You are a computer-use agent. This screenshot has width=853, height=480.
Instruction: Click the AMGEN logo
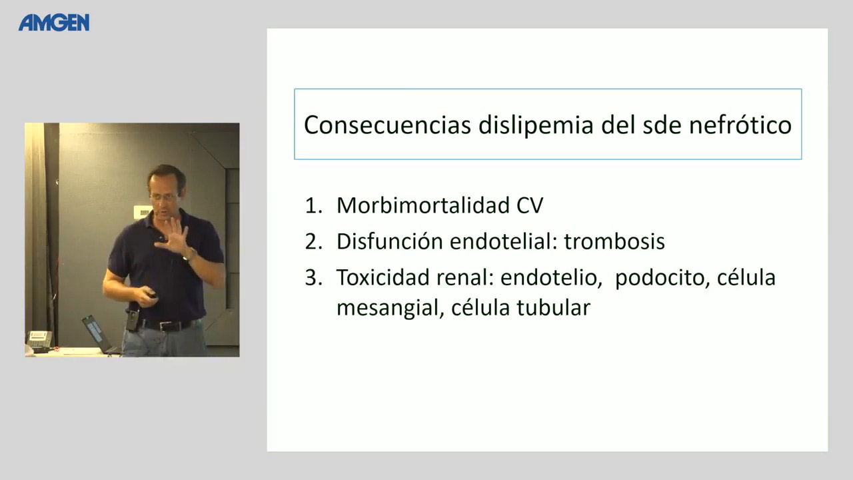54,23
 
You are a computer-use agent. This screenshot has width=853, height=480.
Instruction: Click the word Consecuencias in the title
387,125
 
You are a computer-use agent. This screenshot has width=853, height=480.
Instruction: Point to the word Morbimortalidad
423,205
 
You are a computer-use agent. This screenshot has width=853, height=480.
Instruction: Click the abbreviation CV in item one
530,206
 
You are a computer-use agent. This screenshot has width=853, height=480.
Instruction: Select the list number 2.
314,241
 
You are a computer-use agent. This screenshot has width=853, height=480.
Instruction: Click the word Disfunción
389,241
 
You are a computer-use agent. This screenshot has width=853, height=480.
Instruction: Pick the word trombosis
614,241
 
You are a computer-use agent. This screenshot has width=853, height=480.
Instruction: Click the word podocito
662,279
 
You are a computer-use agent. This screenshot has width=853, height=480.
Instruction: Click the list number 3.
314,277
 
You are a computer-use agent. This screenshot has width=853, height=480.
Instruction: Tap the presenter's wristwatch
189,253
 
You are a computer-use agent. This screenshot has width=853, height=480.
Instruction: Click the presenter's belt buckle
165,326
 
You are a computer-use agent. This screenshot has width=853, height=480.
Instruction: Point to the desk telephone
39,340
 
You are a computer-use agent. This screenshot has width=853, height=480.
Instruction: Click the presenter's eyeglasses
163,197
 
